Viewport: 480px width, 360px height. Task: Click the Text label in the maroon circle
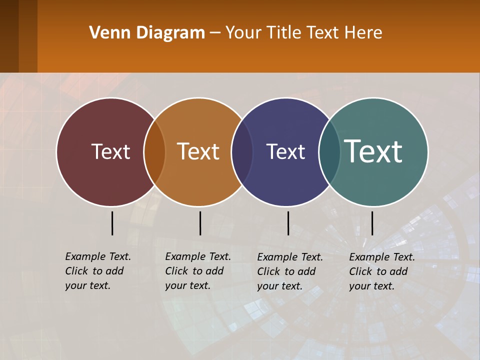point(110,151)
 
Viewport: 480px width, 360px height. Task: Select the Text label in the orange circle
point(198,151)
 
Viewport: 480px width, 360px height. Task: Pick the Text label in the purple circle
point(285,151)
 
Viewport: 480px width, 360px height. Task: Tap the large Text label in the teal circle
point(373,151)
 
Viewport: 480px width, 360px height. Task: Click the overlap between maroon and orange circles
point(154,151)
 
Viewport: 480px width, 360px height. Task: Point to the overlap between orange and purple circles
point(242,151)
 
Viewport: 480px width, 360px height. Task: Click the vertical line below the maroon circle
point(112,223)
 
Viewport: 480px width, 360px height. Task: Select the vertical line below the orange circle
point(200,223)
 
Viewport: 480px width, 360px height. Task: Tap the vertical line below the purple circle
point(288,223)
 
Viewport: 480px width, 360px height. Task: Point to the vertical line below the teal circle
point(372,223)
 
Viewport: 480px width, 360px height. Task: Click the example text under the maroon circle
point(98,271)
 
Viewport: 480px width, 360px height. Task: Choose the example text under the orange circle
point(198,271)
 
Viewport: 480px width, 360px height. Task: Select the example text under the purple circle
point(290,271)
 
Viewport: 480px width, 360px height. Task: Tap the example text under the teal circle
point(382,271)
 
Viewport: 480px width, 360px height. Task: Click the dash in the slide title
point(215,33)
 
